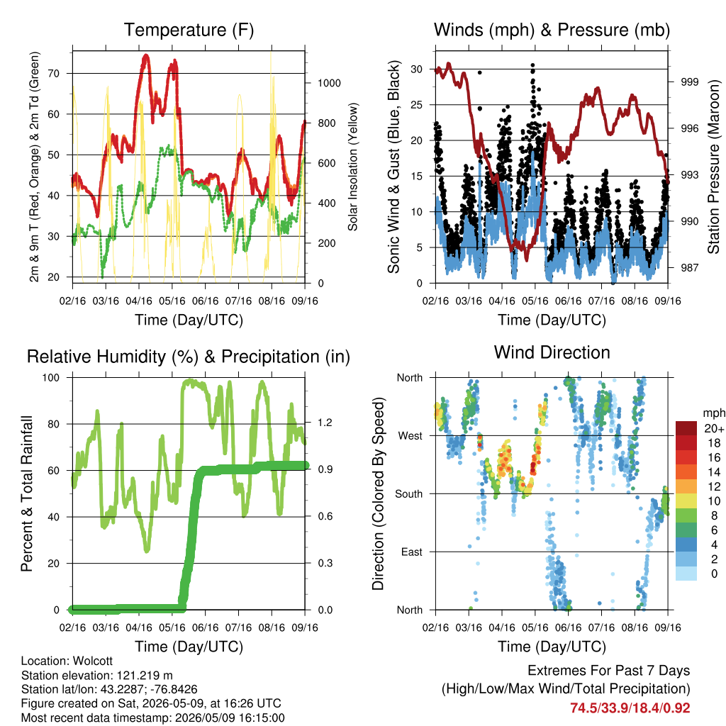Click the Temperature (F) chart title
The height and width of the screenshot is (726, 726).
click(x=189, y=30)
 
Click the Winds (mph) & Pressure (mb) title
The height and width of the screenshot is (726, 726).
click(x=552, y=30)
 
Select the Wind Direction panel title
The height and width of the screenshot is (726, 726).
click(x=552, y=352)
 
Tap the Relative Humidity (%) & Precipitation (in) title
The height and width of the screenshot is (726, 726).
click(x=189, y=357)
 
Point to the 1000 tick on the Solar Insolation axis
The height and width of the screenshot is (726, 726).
click(x=329, y=84)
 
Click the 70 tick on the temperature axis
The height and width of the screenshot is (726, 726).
click(x=53, y=73)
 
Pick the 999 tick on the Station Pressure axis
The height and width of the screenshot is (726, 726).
click(x=689, y=82)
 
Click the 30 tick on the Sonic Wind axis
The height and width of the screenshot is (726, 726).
click(x=416, y=69)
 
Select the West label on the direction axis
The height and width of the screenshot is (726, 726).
click(x=411, y=436)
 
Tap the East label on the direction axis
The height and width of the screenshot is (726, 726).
click(x=412, y=552)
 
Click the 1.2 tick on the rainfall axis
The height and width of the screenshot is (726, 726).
click(x=325, y=423)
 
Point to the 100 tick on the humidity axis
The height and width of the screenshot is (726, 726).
click(x=51, y=378)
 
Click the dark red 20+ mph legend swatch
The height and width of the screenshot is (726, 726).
click(x=686, y=428)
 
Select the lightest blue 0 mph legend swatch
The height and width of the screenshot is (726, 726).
click(x=686, y=573)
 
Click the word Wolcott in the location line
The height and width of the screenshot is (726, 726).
click(x=93, y=661)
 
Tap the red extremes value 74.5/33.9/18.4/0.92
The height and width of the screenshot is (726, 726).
click(x=630, y=708)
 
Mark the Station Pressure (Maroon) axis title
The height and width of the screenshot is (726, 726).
click(x=713, y=167)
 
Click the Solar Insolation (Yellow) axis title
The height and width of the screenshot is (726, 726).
click(x=353, y=167)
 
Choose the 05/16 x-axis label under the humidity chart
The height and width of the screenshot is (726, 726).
click(x=172, y=627)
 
